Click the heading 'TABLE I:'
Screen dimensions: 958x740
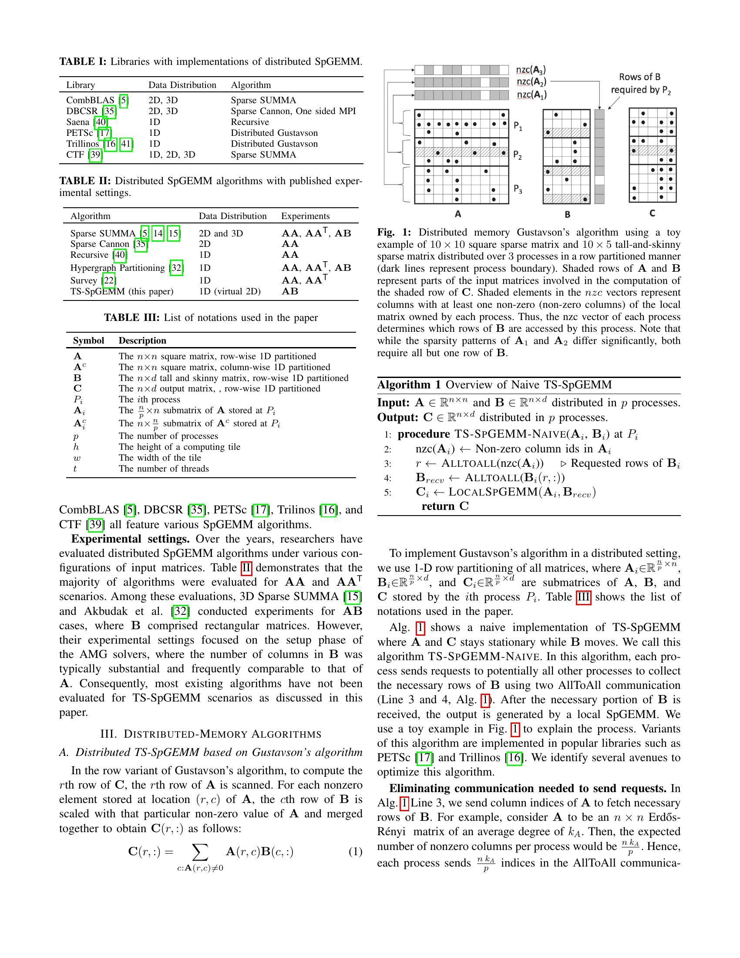pyautogui.click(x=82, y=62)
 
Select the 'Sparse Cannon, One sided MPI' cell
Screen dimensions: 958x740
pyautogui.click(x=293, y=111)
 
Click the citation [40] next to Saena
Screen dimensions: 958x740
pyautogui.click(x=101, y=122)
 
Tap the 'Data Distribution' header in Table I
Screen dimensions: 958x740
pyautogui.click(x=182, y=85)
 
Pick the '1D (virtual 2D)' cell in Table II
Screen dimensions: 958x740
pyautogui.click(x=229, y=291)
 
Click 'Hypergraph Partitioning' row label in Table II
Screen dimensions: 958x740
pyautogui.click(x=118, y=267)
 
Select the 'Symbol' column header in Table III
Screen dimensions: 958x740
pyautogui.click(x=88, y=341)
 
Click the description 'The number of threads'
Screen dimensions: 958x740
pyautogui.click(x=164, y=469)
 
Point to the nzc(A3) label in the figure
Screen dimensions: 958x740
pyautogui.click(x=531, y=70)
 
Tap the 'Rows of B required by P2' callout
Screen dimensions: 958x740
pyautogui.click(x=640, y=83)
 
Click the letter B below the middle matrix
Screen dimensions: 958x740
pyautogui.click(x=567, y=215)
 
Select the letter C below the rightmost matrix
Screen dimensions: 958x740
pyautogui.click(x=652, y=213)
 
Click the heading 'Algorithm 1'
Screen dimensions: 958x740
pyautogui.click(x=409, y=385)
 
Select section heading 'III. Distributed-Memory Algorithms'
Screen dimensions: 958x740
pyautogui.click(x=210, y=734)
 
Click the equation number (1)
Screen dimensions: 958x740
pyautogui.click(x=355, y=852)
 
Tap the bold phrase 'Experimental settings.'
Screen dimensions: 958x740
pyautogui.click(x=130, y=539)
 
